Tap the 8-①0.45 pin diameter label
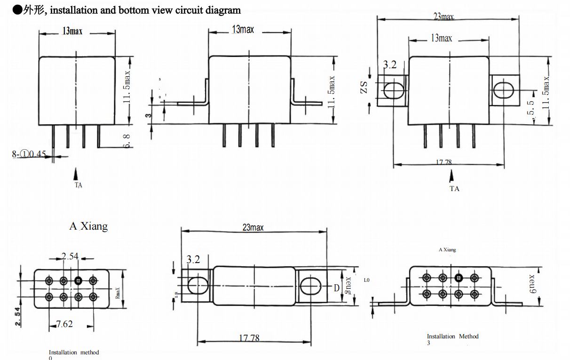(29, 154)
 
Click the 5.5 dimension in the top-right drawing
(531, 109)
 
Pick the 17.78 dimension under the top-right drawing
(443, 162)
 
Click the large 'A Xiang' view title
(88, 226)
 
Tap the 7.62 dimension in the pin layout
(64, 324)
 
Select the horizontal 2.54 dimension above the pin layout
(70, 256)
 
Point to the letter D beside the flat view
(336, 288)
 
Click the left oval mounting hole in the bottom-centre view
(198, 285)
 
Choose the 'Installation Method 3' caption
(452, 339)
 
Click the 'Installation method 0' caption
(74, 354)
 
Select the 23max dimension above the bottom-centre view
(253, 227)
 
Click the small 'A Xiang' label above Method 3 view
(447, 250)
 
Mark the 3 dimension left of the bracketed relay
(148, 115)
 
